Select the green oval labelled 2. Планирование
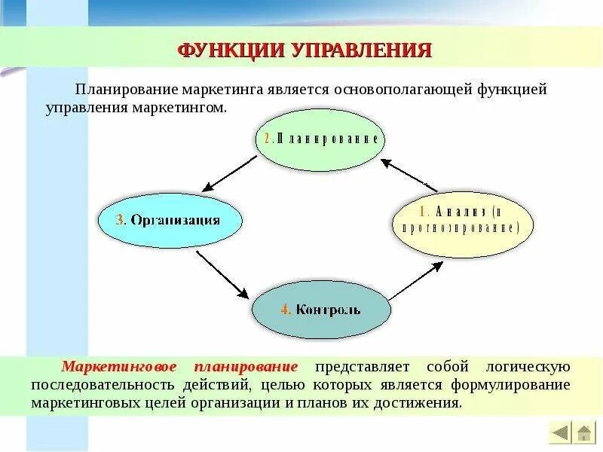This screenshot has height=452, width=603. pyautogui.click(x=321, y=139)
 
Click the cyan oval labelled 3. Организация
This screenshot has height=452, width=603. pyautogui.click(x=170, y=220)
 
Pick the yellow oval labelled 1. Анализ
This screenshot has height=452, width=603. pyautogui.click(x=462, y=219)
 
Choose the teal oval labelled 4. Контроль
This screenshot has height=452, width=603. pyautogui.click(x=321, y=309)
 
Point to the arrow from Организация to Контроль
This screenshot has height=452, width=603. pyautogui.click(x=223, y=275)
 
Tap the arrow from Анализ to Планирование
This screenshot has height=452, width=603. pyautogui.click(x=408, y=174)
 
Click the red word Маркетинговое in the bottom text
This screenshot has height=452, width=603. pyautogui.click(x=121, y=367)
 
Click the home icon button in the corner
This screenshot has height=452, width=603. pyautogui.click(x=583, y=433)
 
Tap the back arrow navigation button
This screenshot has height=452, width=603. pyautogui.click(x=561, y=433)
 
